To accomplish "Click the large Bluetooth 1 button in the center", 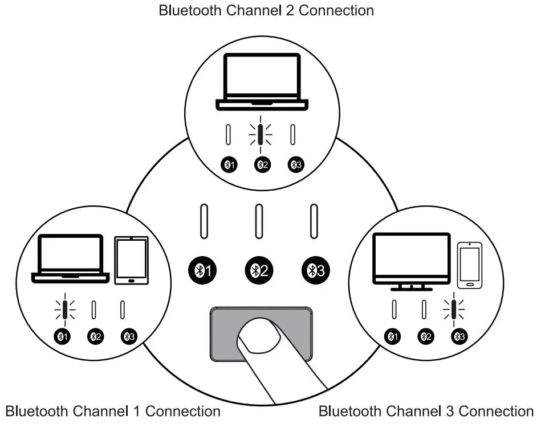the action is [x=202, y=270].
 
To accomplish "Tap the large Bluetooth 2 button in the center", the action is [x=259, y=270].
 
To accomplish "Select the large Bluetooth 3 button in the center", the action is [x=316, y=270].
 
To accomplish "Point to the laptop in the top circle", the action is [x=262, y=82].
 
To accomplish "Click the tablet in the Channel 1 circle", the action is [x=131, y=261].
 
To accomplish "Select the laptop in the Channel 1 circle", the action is [x=71, y=259].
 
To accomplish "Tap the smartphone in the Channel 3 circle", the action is [x=470, y=265].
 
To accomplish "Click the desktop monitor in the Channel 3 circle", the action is [x=412, y=262].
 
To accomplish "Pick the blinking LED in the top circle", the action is [x=261, y=135].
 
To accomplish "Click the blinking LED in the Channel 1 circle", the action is [x=65, y=310].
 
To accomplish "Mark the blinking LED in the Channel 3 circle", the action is [x=454, y=310].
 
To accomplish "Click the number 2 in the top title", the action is [x=289, y=10].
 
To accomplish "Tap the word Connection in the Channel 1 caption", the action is [x=183, y=411].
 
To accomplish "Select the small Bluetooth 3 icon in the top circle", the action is [x=296, y=164].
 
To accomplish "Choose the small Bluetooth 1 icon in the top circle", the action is [x=229, y=164].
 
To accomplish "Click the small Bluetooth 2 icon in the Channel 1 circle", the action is [x=95, y=336].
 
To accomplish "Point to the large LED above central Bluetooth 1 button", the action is [x=204, y=221].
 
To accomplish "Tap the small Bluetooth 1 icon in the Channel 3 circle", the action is [x=392, y=336].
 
